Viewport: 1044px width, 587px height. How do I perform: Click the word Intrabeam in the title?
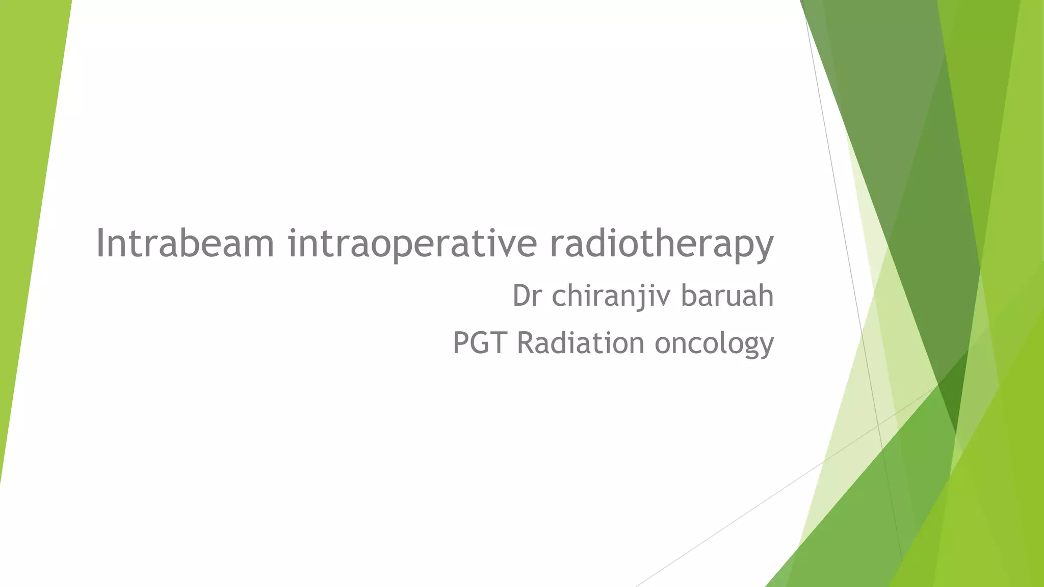point(185,244)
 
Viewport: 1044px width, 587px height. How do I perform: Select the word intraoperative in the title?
point(412,244)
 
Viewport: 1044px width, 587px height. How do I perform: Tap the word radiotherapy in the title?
point(661,244)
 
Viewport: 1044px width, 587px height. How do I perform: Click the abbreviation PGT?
point(480,342)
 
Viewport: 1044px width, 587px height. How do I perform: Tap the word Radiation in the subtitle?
point(581,342)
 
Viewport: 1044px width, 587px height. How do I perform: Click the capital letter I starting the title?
point(100,244)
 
